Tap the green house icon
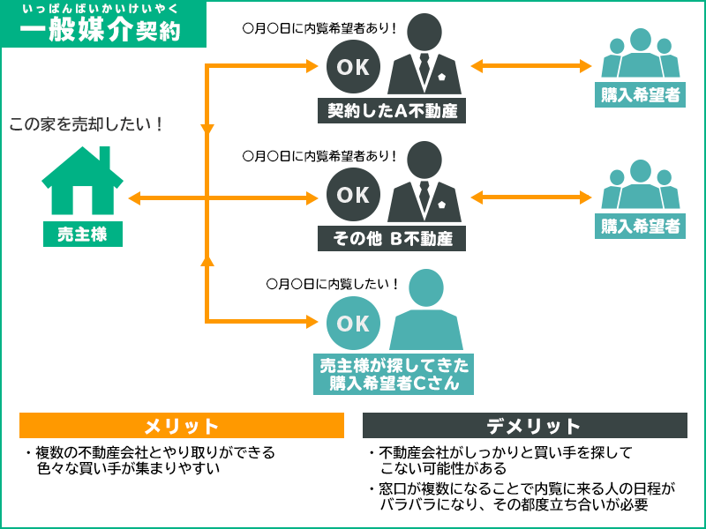(83, 181)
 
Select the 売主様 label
(83, 235)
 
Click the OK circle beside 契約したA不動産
(353, 66)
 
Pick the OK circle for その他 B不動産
(353, 194)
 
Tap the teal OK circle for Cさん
(353, 323)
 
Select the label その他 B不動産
(391, 238)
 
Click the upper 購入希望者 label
(641, 95)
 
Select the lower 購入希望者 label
(641, 226)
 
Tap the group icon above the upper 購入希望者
(642, 56)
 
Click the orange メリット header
(182, 426)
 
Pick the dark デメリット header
(525, 426)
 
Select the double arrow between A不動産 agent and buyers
(530, 66)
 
